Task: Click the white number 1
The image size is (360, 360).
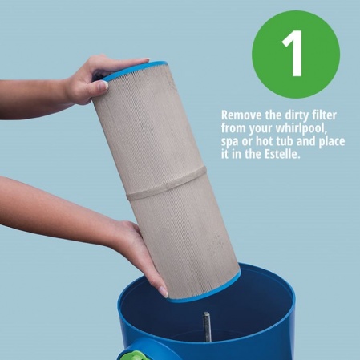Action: [x=293, y=53]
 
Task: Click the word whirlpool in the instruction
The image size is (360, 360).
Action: [x=301, y=129]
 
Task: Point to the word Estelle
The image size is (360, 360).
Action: [x=282, y=154]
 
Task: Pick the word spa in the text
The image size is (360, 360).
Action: [x=229, y=142]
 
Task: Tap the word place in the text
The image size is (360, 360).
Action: [x=331, y=142]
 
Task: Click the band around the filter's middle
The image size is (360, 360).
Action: [x=166, y=183]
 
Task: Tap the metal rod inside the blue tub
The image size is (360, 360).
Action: [x=207, y=326]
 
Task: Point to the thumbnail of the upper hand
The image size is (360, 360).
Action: [x=102, y=85]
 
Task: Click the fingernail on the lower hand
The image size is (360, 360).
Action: [x=164, y=292]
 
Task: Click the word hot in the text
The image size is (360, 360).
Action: [x=265, y=141]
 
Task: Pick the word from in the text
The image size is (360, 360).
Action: [x=233, y=128]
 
